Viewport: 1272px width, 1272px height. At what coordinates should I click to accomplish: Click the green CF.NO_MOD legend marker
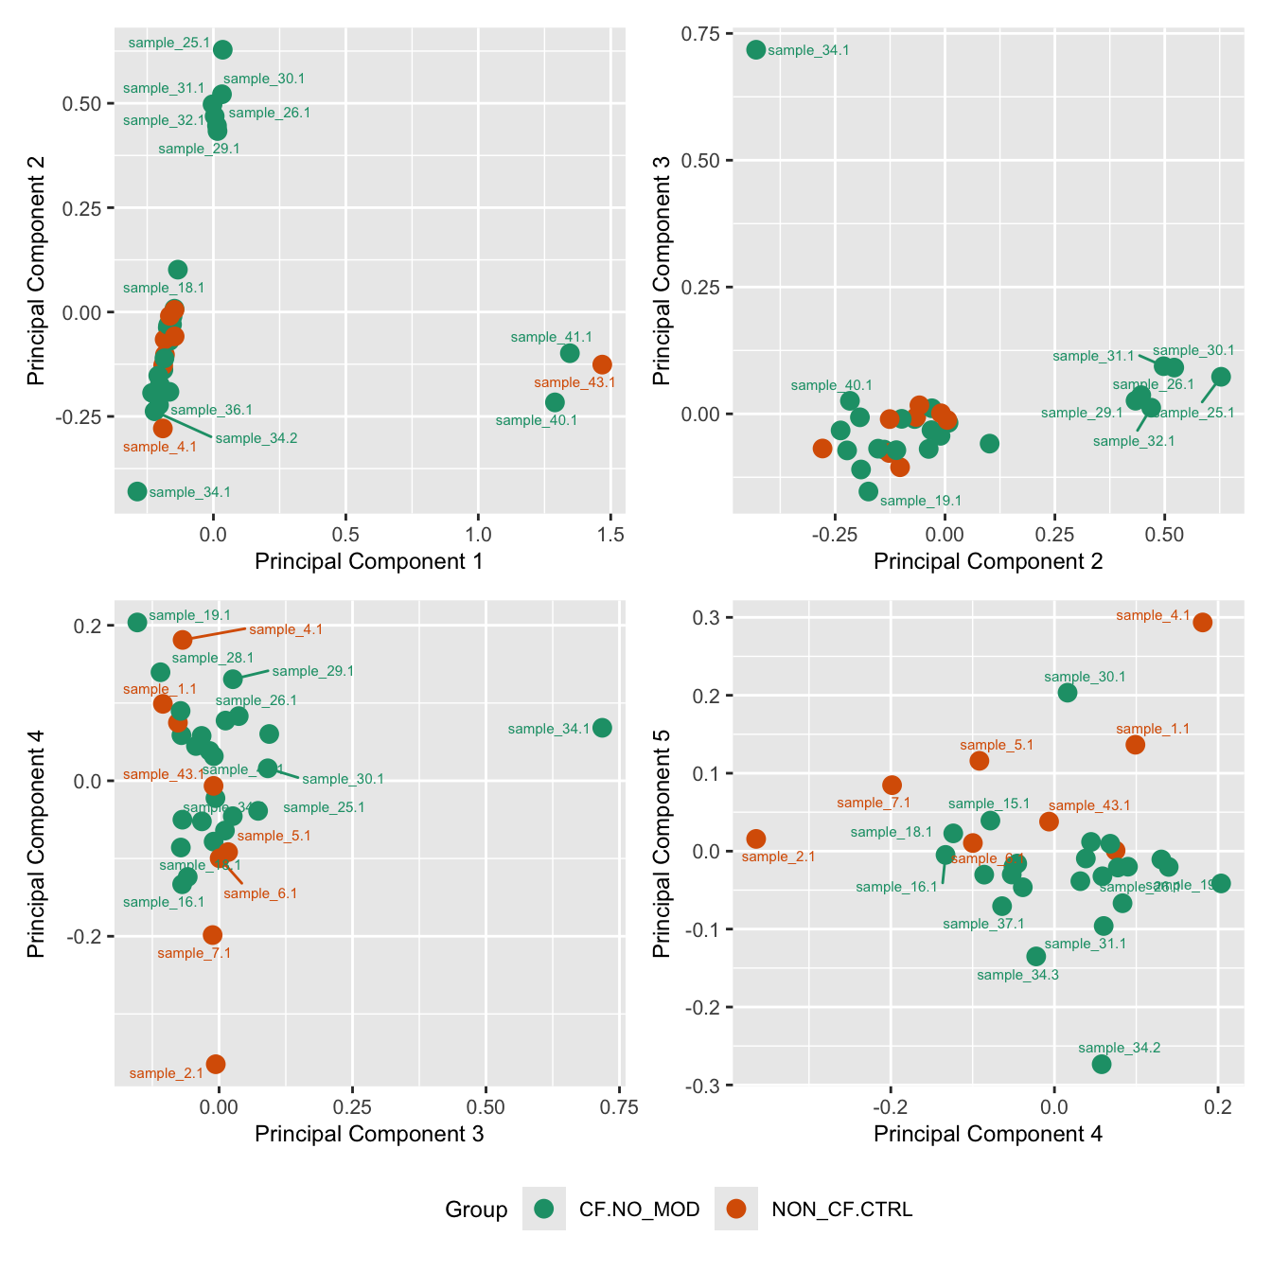pyautogui.click(x=544, y=1209)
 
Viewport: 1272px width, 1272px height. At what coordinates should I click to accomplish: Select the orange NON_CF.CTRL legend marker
pyautogui.click(x=736, y=1209)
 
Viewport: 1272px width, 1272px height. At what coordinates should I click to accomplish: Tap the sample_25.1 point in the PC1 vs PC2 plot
pyautogui.click(x=222, y=50)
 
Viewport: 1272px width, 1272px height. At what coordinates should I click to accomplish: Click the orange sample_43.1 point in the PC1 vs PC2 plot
pyautogui.click(x=602, y=364)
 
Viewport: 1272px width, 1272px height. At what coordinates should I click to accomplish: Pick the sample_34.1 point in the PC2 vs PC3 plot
pyautogui.click(x=755, y=49)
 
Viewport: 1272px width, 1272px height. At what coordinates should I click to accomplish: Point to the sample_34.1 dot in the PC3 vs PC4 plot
pyautogui.click(x=602, y=728)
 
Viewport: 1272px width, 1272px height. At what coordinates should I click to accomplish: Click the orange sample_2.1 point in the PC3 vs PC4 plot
pyautogui.click(x=216, y=1064)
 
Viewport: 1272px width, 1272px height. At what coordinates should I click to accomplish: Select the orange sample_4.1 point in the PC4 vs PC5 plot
pyautogui.click(x=1203, y=622)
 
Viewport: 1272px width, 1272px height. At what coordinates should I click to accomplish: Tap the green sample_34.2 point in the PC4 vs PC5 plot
pyautogui.click(x=1102, y=1064)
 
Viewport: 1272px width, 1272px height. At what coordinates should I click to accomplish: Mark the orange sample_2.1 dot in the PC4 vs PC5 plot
pyautogui.click(x=756, y=839)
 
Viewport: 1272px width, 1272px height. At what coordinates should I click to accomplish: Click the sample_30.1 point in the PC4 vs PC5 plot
pyautogui.click(x=1068, y=692)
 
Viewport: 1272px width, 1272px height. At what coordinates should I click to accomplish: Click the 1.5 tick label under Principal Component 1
pyautogui.click(x=610, y=535)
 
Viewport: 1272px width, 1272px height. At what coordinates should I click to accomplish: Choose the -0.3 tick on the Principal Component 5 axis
pyautogui.click(x=700, y=1085)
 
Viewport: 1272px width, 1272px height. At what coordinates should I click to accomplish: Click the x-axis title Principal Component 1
pyautogui.click(x=369, y=561)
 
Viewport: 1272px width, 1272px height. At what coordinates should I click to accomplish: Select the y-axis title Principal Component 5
pyautogui.click(x=662, y=842)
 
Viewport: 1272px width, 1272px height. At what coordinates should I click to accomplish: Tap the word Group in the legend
pyautogui.click(x=476, y=1210)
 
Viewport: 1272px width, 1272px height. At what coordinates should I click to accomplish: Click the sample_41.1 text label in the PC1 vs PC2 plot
pyautogui.click(x=551, y=337)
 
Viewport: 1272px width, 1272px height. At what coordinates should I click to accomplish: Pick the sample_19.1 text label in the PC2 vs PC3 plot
pyautogui.click(x=920, y=501)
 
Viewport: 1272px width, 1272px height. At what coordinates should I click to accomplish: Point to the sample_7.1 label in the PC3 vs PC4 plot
pyautogui.click(x=194, y=953)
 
